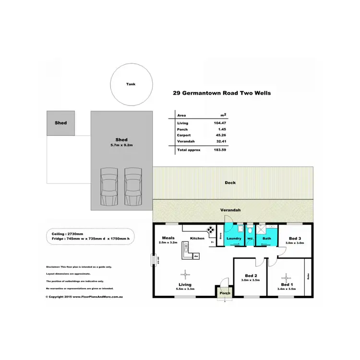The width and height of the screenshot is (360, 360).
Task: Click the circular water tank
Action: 131,85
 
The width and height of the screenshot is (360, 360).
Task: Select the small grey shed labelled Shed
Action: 60,123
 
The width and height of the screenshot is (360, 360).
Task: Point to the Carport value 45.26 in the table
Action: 220,136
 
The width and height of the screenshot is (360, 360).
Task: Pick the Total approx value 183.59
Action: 220,150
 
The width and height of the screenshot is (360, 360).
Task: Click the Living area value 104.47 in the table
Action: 220,123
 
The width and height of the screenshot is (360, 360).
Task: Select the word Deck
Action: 230,183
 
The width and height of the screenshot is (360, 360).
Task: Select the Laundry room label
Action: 234,238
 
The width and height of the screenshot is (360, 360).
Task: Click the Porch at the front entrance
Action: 224,292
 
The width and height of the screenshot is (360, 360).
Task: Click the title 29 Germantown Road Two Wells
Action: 221,93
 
